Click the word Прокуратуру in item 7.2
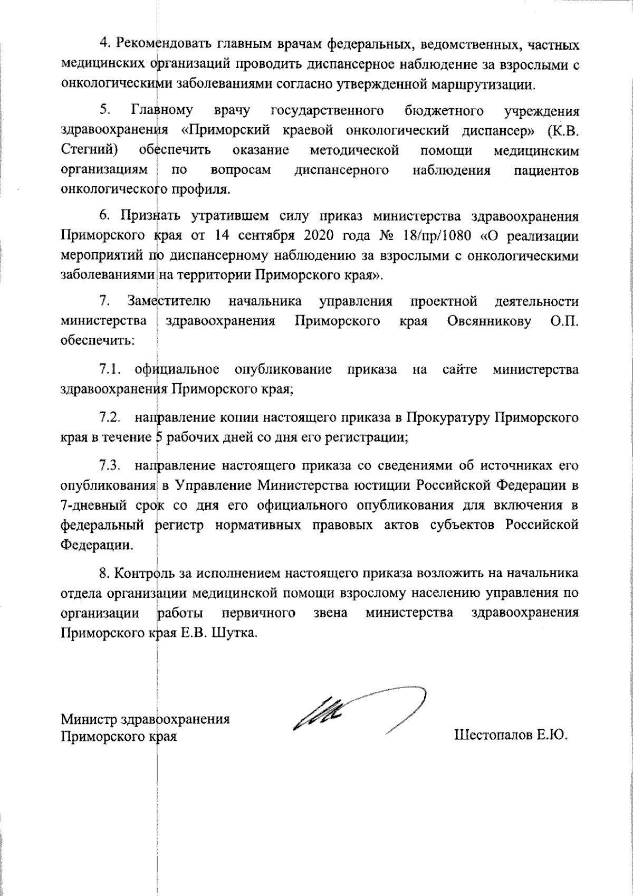(447, 418)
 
